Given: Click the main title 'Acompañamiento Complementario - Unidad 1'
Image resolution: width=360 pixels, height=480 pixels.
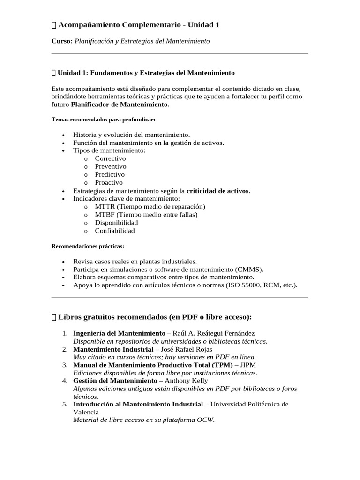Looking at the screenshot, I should (139, 25).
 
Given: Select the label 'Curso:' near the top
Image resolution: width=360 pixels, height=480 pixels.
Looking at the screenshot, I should (62, 41).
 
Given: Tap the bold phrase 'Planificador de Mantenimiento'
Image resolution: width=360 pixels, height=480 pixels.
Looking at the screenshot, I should (119, 104).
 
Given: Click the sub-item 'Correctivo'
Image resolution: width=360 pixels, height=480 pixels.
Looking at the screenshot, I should (110, 158).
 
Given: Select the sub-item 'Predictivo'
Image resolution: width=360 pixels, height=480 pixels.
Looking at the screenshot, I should (110, 174).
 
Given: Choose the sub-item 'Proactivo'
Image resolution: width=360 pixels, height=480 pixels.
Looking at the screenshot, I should (109, 182).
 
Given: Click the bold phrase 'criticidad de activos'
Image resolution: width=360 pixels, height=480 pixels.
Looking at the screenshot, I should (218, 191).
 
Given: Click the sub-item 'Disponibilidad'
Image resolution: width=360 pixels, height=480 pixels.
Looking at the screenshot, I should (116, 223).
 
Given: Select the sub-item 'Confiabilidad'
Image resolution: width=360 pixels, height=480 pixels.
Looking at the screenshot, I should (115, 231).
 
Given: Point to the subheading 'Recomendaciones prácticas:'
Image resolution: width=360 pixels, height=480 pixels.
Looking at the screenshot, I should (88, 246).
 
